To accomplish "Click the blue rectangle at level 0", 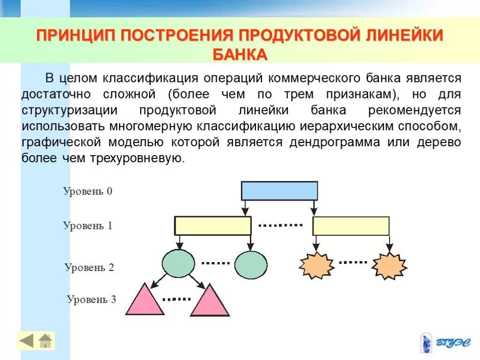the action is pyautogui.click(x=279, y=191).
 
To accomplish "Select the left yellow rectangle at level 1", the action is pyautogui.click(x=213, y=225).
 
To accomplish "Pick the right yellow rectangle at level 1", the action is pyautogui.click(x=351, y=225).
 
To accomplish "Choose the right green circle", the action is pyautogui.click(x=251, y=265).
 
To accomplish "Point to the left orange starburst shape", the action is pyautogui.click(x=316, y=265).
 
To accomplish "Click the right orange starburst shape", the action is pyautogui.click(x=389, y=266).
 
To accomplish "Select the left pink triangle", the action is pyautogui.click(x=145, y=301).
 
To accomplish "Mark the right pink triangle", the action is pyautogui.click(x=210, y=303).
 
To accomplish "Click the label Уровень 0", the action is pyautogui.click(x=88, y=191).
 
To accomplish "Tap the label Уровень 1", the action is pyautogui.click(x=88, y=225).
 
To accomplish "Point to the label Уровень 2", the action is pyautogui.click(x=89, y=268).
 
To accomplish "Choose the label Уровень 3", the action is pyautogui.click(x=91, y=299).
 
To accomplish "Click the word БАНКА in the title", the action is pyautogui.click(x=240, y=54).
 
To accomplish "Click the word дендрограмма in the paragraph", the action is pyautogui.click(x=335, y=142).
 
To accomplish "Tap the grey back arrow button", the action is pyautogui.click(x=27, y=341).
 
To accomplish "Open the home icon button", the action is pyautogui.click(x=45, y=341).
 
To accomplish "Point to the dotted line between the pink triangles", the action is pyautogui.click(x=176, y=299).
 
